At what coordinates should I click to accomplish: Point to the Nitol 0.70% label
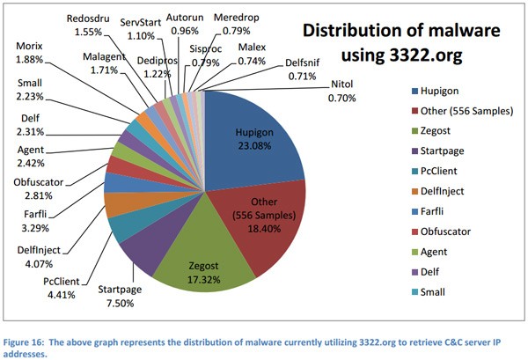click(x=343, y=91)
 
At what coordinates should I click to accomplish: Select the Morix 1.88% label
click(x=31, y=53)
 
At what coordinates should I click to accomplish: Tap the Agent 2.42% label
click(x=31, y=156)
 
